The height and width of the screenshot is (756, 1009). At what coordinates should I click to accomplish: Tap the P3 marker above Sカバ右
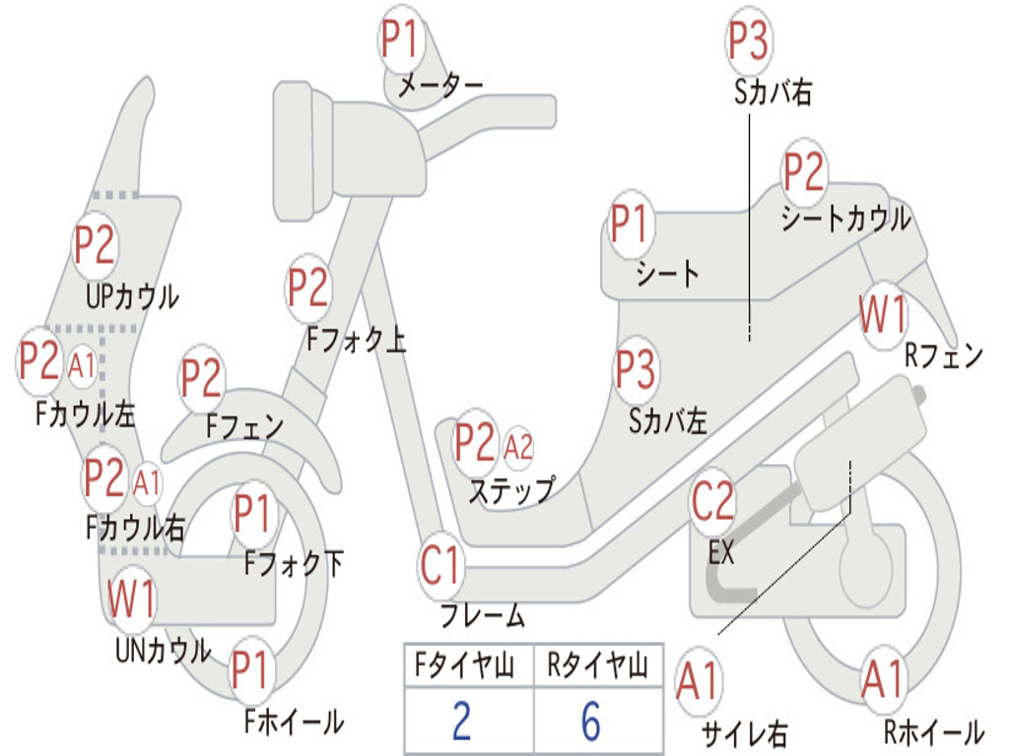(749, 39)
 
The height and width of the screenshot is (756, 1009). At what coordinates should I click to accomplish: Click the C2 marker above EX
(712, 501)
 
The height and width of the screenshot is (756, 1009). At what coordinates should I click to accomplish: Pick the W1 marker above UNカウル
(131, 598)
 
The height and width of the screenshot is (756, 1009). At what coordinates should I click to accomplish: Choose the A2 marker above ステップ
(518, 446)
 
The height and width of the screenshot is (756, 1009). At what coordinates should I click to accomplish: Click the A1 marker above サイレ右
(699, 681)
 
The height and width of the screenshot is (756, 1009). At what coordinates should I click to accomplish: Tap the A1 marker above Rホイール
(884, 681)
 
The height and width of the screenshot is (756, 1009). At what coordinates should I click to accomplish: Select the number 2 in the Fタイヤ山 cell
(462, 721)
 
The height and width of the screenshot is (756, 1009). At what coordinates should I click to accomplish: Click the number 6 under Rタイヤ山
(591, 721)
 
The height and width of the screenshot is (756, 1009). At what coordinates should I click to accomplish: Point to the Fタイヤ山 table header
(465, 664)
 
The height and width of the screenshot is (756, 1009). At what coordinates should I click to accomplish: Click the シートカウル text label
(845, 219)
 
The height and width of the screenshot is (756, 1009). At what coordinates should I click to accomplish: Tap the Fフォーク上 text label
(356, 339)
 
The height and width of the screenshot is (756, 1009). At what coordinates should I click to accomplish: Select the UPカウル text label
(133, 296)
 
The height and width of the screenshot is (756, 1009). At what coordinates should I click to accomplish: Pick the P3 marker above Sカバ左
(636, 369)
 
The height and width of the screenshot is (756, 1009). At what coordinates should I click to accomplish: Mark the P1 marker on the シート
(630, 223)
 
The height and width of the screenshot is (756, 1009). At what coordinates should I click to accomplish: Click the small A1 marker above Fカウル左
(82, 366)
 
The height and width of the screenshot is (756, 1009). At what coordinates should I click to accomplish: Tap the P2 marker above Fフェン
(201, 378)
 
